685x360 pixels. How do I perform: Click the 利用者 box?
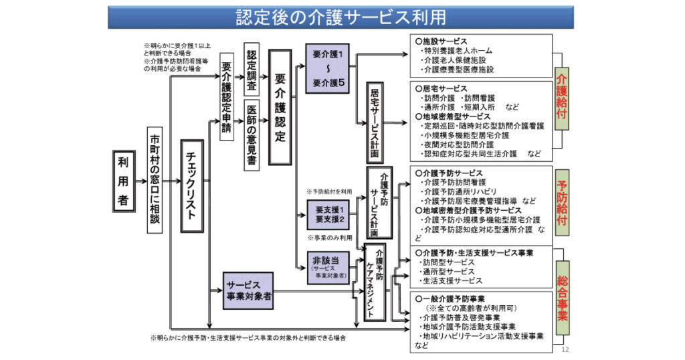pos(123,181)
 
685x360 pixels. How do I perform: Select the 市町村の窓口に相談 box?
pos(155,181)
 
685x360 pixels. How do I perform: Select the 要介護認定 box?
pos(280,107)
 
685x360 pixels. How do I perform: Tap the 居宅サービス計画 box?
pos(375,123)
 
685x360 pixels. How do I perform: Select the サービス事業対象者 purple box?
pos(248,290)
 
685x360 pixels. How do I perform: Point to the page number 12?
pos(565,350)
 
